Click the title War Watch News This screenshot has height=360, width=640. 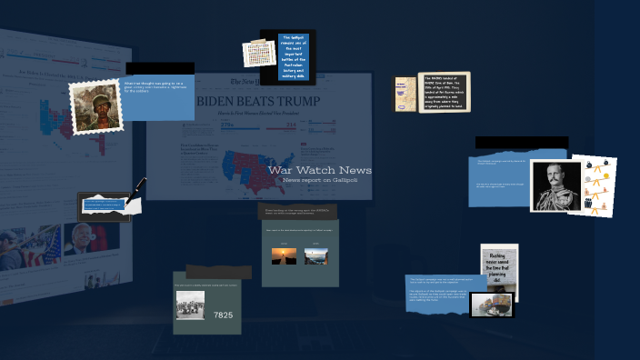[319, 170]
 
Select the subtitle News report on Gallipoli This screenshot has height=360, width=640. [320, 180]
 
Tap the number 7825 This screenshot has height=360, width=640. [223, 315]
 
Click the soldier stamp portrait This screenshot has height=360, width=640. [95, 106]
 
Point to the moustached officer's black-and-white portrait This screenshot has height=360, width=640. [555, 185]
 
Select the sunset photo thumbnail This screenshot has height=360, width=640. [284, 256]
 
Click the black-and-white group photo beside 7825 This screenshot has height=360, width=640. [190, 305]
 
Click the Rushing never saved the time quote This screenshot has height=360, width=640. [499, 268]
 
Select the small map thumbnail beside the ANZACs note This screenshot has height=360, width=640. [405, 94]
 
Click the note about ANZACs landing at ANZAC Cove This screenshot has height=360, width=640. [445, 92]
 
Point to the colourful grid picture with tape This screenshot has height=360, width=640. [258, 54]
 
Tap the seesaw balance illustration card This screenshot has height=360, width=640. [595, 186]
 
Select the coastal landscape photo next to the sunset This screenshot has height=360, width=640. [315, 256]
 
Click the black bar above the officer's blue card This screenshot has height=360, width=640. [521, 143]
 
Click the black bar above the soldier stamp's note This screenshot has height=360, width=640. [160, 68]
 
